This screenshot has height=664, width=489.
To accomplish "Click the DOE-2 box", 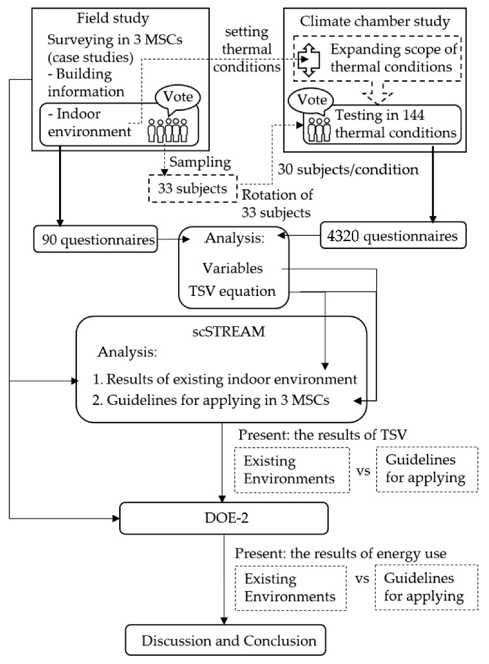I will (x=224, y=518).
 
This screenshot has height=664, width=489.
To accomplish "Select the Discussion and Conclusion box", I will (x=226, y=640).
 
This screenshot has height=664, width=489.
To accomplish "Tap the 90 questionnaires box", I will (x=96, y=239).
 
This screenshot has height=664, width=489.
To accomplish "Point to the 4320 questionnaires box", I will (x=393, y=236).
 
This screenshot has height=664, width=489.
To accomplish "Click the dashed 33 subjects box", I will (x=193, y=188).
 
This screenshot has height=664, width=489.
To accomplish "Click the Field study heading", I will (x=113, y=18).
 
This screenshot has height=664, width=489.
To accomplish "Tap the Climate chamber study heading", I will (x=375, y=21).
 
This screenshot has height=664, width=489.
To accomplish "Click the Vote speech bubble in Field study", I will (x=178, y=97).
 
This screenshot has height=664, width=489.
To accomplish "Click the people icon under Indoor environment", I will (x=168, y=130).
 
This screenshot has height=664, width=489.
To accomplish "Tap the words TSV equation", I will (x=232, y=291).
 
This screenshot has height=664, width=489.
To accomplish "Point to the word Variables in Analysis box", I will (x=232, y=268).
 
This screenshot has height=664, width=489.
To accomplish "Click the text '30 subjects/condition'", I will (x=348, y=170).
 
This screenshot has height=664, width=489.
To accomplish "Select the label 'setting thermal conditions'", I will (x=246, y=49).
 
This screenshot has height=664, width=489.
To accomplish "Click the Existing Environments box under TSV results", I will (x=291, y=470).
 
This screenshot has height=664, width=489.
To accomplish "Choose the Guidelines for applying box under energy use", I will (x=426, y=587).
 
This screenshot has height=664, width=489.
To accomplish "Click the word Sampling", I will (x=200, y=162).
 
